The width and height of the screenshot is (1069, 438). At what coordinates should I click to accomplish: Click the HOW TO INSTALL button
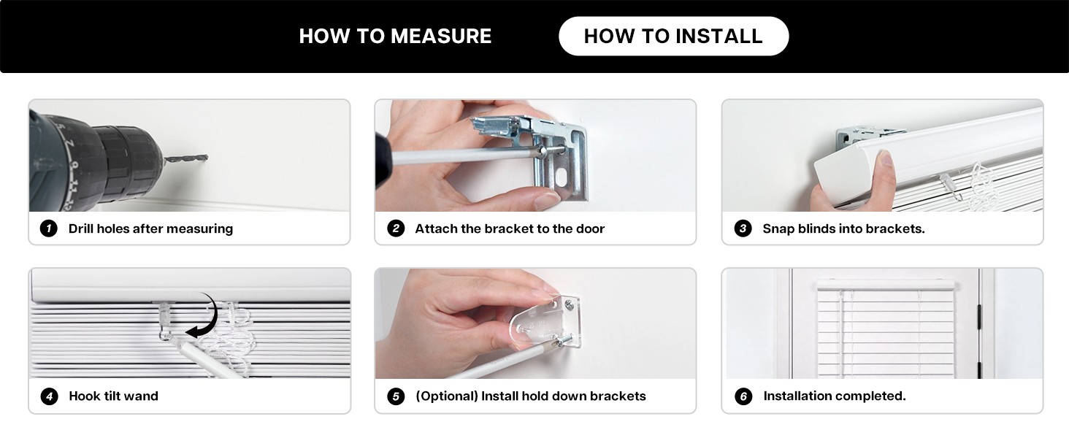coord(673,36)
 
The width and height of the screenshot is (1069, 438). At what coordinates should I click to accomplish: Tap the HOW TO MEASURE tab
coord(395,36)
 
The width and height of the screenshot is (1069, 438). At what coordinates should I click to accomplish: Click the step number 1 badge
coord(49,228)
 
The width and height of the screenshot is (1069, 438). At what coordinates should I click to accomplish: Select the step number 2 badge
coord(396,228)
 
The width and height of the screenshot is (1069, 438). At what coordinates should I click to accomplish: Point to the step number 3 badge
coord(743,228)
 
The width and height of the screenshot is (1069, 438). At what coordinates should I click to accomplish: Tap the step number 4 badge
coord(49,396)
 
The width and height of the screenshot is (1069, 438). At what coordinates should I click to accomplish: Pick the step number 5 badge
coord(396,396)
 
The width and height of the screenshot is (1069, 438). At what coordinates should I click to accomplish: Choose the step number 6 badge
coord(743,396)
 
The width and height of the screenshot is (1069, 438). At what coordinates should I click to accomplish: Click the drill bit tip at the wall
coord(207,156)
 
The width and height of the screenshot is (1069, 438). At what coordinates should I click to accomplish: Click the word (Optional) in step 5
coord(447,396)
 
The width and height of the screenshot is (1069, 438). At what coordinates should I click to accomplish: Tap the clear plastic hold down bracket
coord(545,321)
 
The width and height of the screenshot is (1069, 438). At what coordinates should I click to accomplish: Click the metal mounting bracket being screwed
coord(544,153)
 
